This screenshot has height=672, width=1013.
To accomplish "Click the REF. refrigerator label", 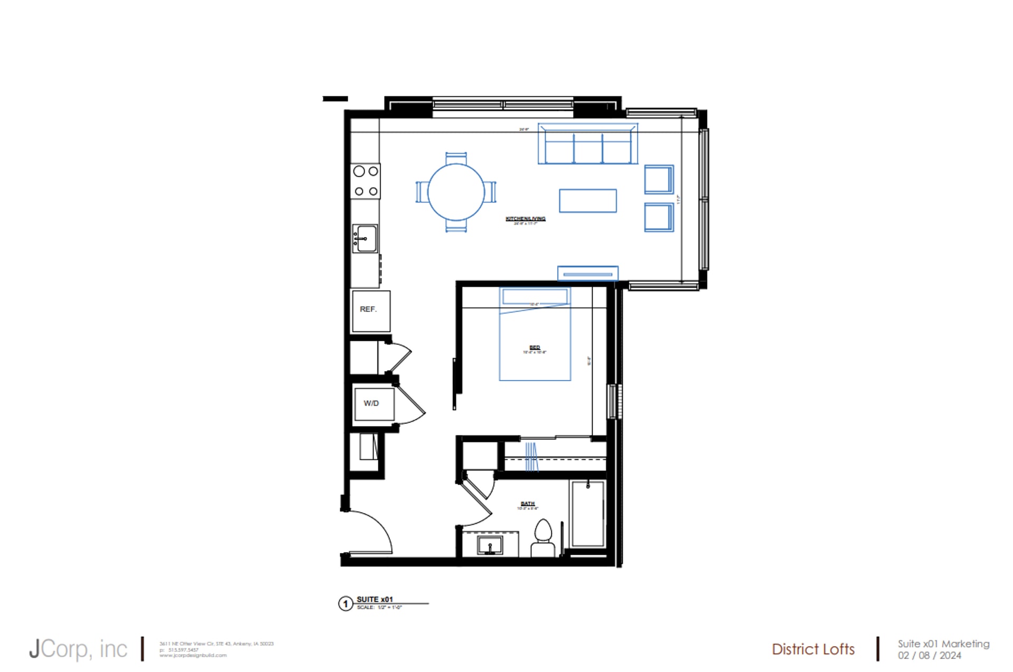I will (368, 309).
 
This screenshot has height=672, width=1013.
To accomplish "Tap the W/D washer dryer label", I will (371, 403).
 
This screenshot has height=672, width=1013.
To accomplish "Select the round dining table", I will (456, 192).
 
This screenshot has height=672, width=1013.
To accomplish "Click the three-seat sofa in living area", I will (588, 145).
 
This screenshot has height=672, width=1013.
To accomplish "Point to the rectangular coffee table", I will (588, 201).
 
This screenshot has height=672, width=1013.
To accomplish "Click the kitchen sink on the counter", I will (365, 239).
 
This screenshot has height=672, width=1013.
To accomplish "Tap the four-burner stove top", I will (366, 181).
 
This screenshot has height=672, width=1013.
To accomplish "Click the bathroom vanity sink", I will (490, 545).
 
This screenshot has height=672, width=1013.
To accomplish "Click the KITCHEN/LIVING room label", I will (525, 219).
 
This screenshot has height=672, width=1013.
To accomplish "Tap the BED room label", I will (534, 347).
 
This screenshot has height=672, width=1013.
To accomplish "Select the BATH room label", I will (528, 504).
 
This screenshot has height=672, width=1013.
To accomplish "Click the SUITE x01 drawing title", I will (375, 599).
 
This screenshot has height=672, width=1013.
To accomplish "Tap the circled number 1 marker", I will (346, 603).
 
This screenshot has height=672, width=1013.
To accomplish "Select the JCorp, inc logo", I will (78, 649).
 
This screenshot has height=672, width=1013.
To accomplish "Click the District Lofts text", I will (813, 649).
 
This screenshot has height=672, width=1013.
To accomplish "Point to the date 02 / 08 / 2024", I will (930, 656).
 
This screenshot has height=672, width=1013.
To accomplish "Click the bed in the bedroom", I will (535, 338).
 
